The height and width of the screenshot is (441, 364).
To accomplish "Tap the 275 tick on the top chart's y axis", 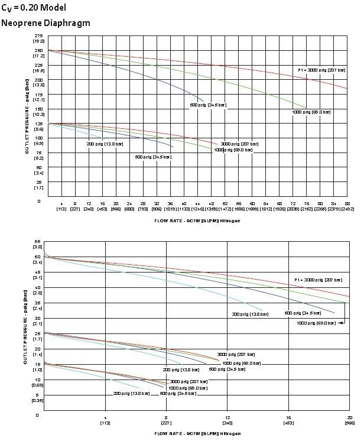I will tap(39, 36).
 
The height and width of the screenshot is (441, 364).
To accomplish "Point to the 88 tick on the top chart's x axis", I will tap(347, 203).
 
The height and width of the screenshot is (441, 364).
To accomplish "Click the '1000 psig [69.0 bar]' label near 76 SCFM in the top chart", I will tap(311, 112).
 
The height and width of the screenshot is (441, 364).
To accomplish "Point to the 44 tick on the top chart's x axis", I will tap(197, 203).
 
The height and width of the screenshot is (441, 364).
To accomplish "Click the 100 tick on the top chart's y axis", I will tap(39, 138).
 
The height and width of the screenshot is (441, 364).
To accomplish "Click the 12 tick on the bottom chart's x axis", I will tap(227, 419).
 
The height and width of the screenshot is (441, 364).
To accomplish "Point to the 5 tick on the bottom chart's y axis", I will tap(38, 395).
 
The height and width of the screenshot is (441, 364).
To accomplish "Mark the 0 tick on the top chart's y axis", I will tap(39, 201).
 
